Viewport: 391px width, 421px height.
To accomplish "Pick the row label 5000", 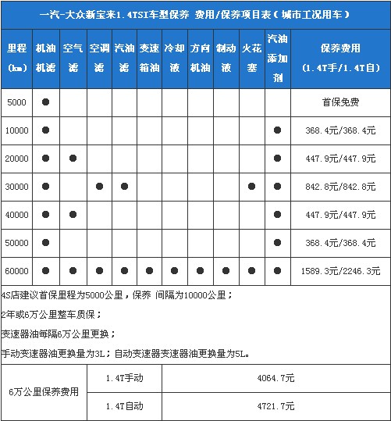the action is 17,102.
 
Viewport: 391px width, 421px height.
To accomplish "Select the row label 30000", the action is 17,187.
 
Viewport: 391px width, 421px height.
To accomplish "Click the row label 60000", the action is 17,271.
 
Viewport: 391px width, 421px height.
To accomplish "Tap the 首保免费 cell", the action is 340,102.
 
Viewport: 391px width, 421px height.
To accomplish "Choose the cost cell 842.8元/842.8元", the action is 340,187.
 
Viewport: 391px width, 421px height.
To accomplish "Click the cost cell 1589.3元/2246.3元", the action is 340,271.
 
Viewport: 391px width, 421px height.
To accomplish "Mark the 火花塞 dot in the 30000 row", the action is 251,187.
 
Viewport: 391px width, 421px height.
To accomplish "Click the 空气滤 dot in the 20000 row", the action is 73,159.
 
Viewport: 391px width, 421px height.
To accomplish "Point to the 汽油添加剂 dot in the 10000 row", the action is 277,130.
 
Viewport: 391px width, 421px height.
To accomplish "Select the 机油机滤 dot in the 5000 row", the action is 46,102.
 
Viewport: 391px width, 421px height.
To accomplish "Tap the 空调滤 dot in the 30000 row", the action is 98,187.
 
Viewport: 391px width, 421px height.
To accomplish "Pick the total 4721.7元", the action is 279,406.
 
